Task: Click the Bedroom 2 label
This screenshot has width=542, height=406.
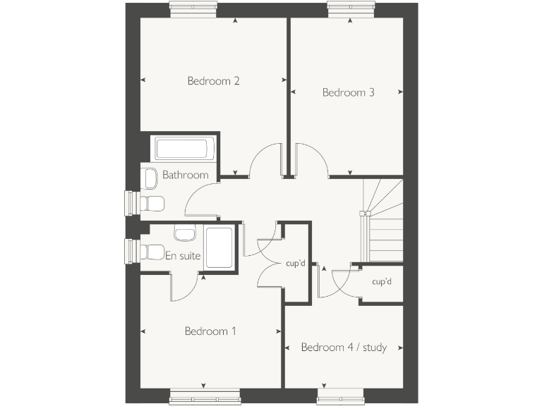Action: (x=213, y=81)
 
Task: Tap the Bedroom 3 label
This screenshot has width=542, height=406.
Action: (x=348, y=92)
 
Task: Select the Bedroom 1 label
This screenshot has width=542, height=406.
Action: (x=210, y=331)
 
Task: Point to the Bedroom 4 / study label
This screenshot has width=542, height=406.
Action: (x=344, y=347)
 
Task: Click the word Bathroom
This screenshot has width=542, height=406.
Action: (x=186, y=175)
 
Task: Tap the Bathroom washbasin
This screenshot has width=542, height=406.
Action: (x=150, y=180)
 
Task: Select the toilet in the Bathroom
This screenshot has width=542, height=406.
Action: (x=152, y=204)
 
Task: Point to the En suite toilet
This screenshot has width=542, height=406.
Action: (x=152, y=250)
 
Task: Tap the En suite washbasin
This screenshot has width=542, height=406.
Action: (x=185, y=233)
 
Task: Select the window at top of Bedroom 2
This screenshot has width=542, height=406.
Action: (x=193, y=8)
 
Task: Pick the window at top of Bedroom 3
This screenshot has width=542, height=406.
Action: (x=351, y=8)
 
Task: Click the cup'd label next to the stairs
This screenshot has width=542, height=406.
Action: (x=382, y=282)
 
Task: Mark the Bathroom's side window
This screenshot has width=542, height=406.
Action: (x=131, y=203)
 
